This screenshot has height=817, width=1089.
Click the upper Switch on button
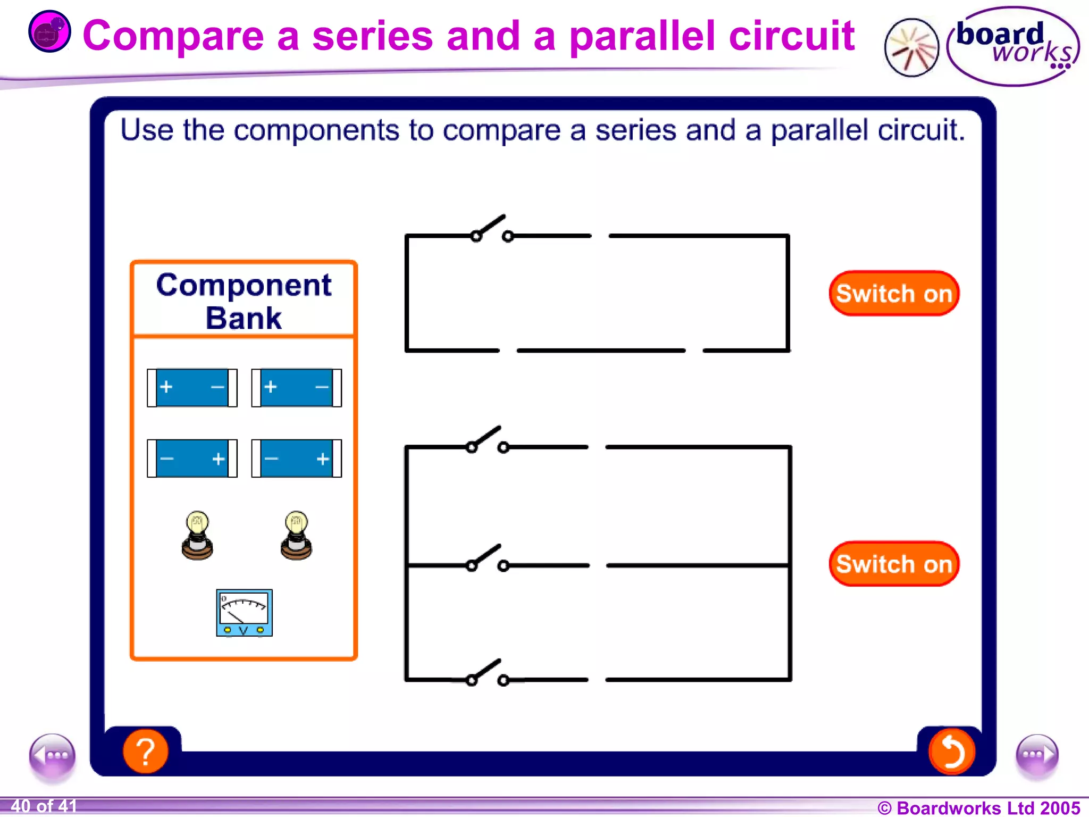click(894, 294)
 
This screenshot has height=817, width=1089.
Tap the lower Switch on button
click(894, 564)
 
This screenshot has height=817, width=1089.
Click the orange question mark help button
click(145, 751)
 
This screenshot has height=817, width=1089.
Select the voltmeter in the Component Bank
click(244, 613)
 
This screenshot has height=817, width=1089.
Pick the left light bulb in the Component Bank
click(197, 535)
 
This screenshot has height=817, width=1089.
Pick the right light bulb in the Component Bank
click(296, 535)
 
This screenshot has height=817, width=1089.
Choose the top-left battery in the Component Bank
click(192, 388)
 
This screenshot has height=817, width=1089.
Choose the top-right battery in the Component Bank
click(296, 388)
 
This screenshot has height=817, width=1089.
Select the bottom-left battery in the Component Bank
click(192, 458)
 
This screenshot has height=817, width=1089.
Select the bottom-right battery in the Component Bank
click(296, 458)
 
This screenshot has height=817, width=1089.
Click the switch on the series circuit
click(492, 229)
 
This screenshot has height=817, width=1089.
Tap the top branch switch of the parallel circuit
click(487, 440)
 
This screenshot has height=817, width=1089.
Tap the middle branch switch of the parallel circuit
click(487, 558)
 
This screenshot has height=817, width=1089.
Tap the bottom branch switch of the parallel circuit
click(487, 673)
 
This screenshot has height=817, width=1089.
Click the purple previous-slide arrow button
click(52, 756)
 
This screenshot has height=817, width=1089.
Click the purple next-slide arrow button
click(1037, 756)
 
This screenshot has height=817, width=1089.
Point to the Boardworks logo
click(1012, 46)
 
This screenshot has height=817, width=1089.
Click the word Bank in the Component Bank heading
click(244, 318)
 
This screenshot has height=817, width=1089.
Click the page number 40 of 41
click(44, 806)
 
